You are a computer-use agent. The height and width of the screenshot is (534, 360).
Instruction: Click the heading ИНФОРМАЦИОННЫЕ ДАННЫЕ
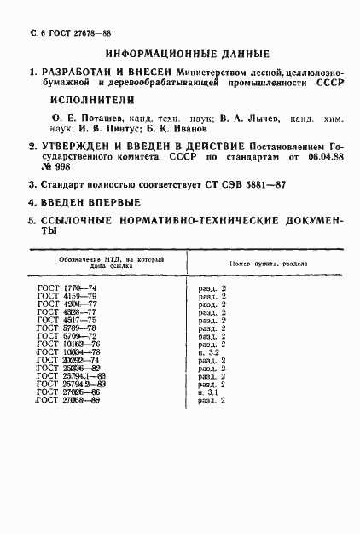(179, 50)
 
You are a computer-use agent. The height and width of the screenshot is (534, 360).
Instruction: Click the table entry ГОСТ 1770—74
(67, 289)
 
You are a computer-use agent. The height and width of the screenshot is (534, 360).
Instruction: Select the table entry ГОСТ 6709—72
(67, 336)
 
